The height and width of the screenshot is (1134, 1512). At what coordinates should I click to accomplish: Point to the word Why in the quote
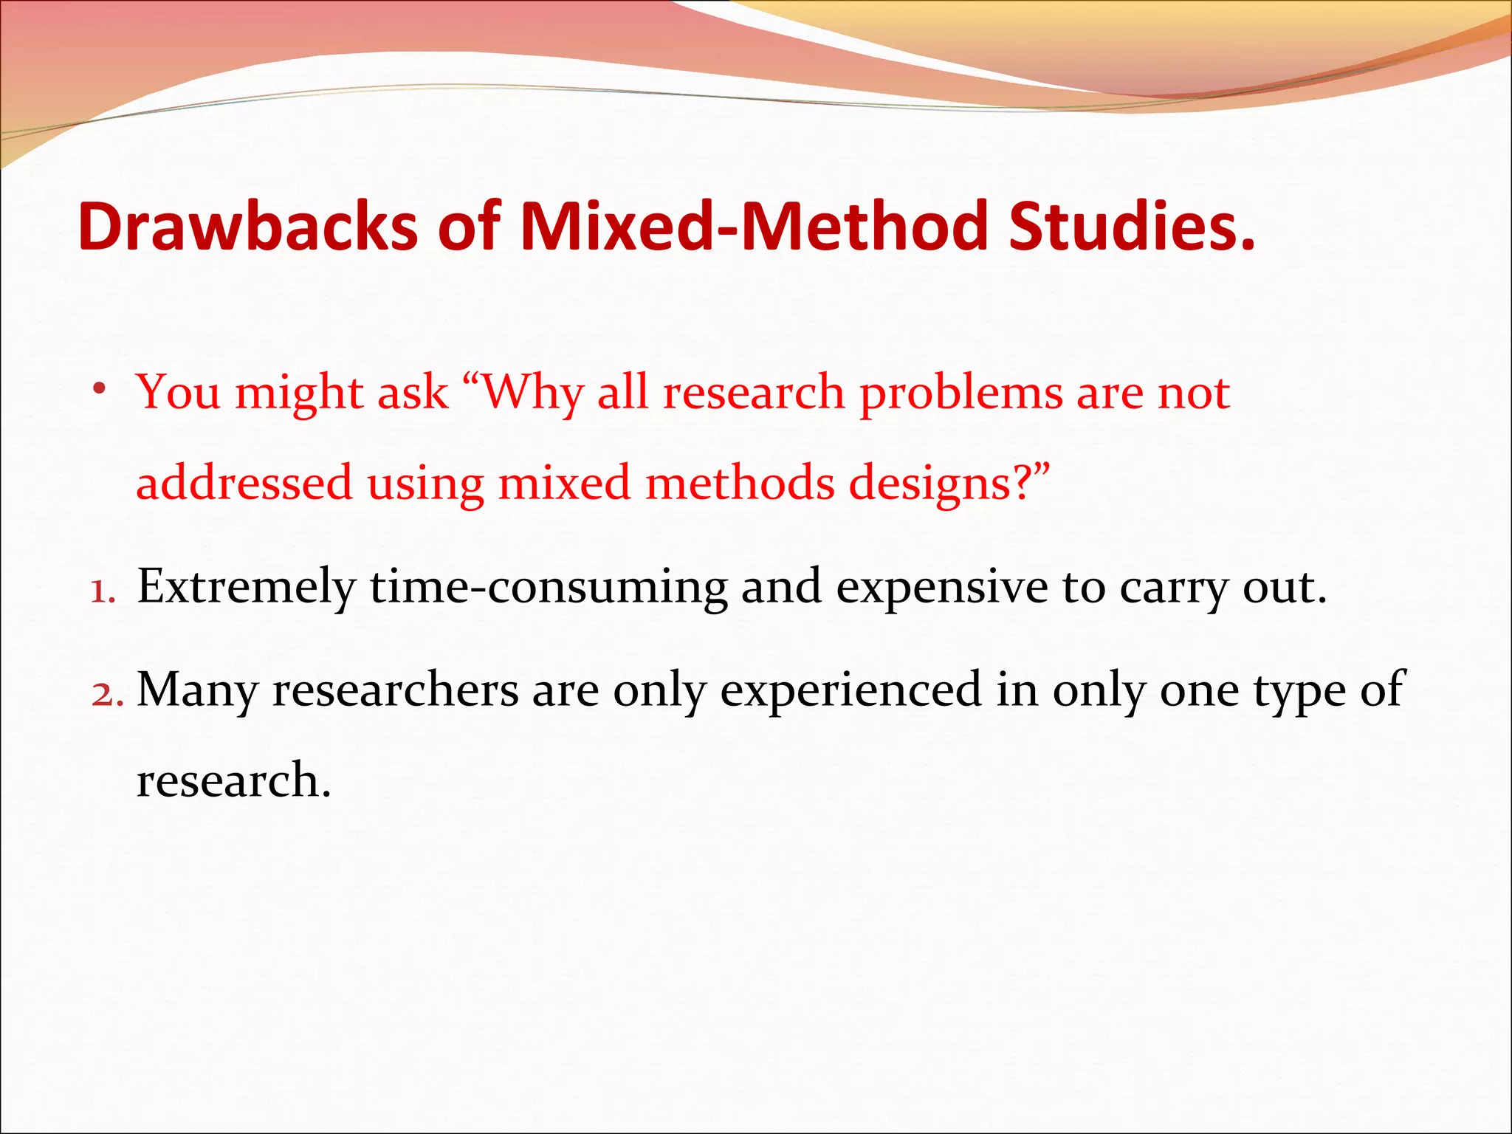532,393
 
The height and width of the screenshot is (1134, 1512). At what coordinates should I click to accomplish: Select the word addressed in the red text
244,483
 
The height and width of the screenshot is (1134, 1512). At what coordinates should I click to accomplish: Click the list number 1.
103,591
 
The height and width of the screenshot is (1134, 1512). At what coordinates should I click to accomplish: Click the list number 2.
107,695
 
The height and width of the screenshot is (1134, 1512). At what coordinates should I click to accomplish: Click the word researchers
396,690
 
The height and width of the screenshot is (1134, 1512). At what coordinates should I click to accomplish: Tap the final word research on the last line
233,781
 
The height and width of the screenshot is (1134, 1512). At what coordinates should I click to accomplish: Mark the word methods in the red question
739,483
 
